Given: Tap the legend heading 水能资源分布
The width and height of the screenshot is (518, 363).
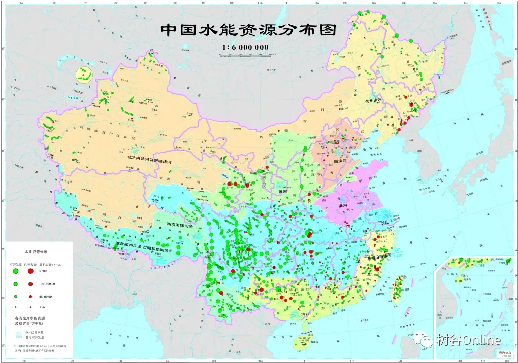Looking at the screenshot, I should pyautogui.click(x=36, y=251).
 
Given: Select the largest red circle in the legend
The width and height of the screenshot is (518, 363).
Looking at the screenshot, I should pyautogui.click(x=30, y=271).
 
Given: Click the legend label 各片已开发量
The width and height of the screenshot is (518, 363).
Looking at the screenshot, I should pyautogui.click(x=43, y=332).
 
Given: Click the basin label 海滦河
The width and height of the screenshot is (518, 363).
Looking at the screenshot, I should pyautogui.click(x=343, y=160).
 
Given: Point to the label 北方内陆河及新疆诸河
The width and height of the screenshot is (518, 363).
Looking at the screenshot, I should pyautogui.click(x=150, y=158).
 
